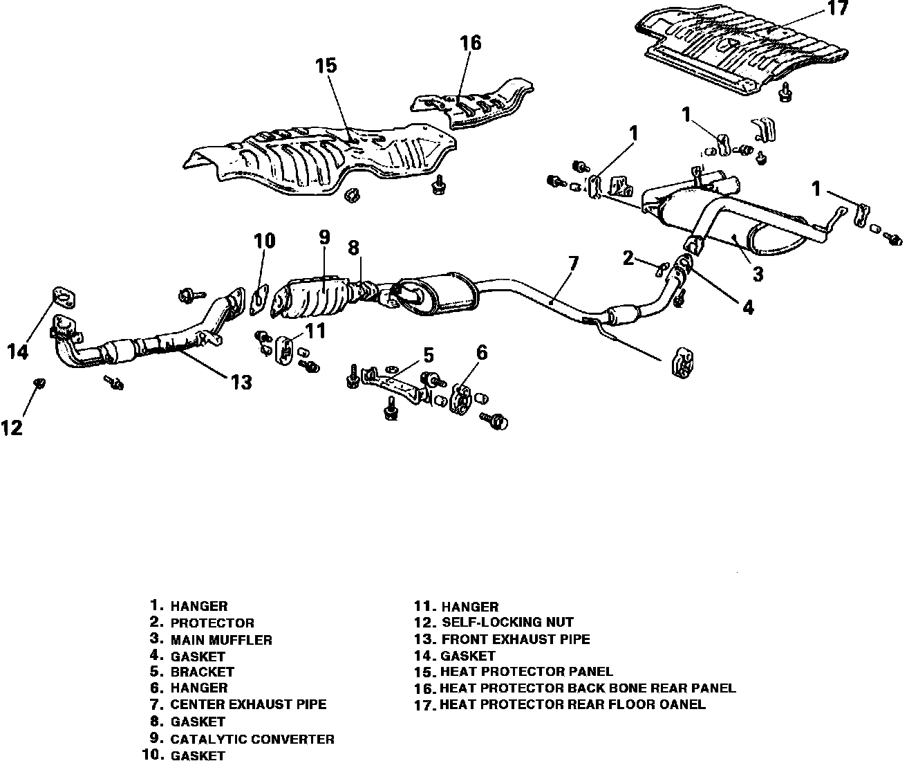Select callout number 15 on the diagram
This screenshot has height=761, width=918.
pyautogui.click(x=326, y=66)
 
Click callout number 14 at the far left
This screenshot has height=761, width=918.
pyautogui.click(x=18, y=351)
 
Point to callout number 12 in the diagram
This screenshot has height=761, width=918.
pyautogui.click(x=12, y=428)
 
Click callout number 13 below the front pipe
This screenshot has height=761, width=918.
pyautogui.click(x=241, y=381)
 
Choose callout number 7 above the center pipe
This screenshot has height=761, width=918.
pyautogui.click(x=573, y=264)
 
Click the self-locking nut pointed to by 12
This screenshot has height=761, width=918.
pyautogui.click(x=39, y=382)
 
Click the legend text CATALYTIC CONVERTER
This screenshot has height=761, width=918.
pyautogui.click(x=252, y=739)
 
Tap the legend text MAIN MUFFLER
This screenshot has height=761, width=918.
pyautogui.click(x=221, y=640)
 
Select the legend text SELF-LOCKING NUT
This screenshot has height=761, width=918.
pyautogui.click(x=507, y=622)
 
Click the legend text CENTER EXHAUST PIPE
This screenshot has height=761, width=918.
pyautogui.click(x=248, y=705)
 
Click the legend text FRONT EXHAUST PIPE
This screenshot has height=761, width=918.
pyautogui.click(x=515, y=639)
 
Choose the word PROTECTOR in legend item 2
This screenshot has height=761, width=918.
pyautogui.click(x=212, y=623)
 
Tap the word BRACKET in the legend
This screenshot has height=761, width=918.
pyautogui.click(x=202, y=671)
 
